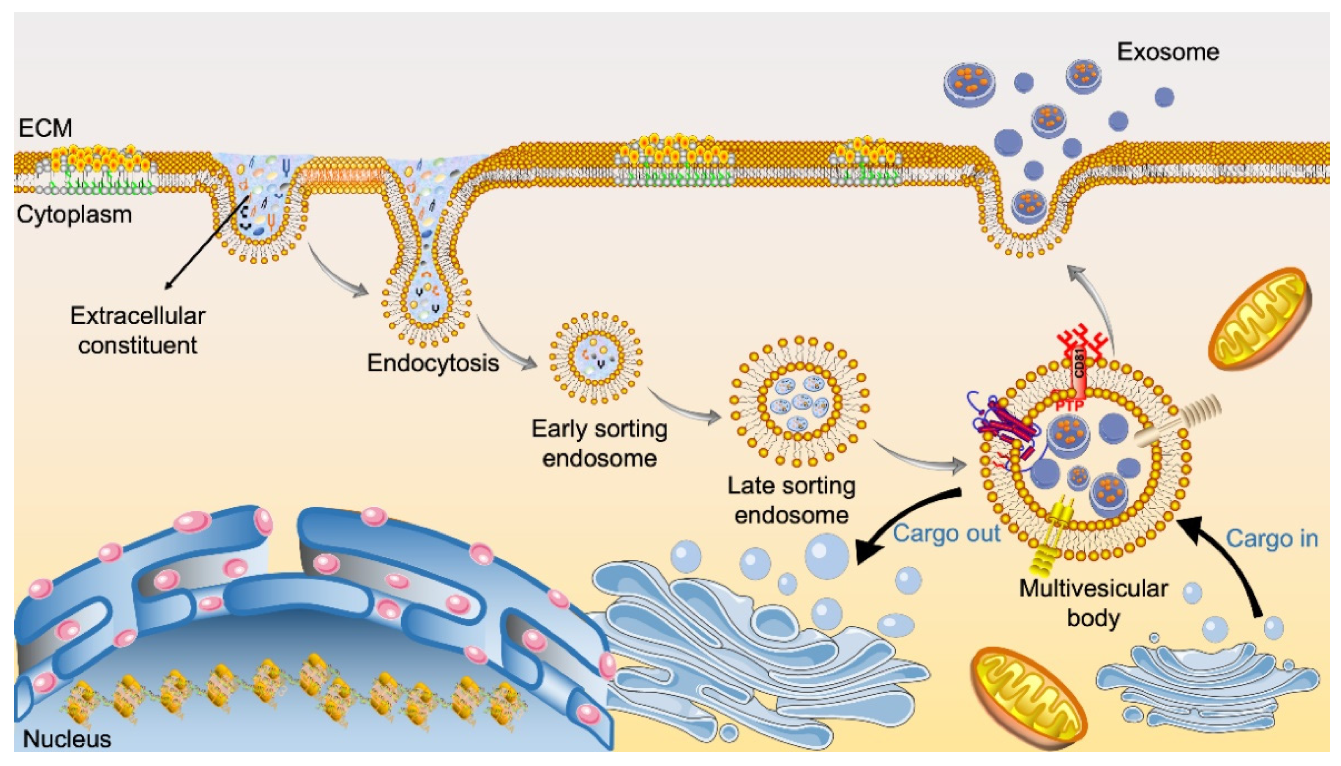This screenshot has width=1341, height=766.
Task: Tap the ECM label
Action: tap(45, 128)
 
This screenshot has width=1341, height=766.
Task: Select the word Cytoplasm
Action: tap(74, 215)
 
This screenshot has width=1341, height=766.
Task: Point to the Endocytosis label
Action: tap(432, 363)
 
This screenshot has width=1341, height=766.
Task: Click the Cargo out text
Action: tap(946, 533)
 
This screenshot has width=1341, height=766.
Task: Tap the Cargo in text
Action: tap(1272, 539)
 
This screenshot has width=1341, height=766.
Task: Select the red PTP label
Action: tap(1070, 406)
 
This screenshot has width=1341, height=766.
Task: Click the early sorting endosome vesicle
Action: tap(595, 358)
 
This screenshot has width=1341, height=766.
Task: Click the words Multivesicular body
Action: tap(1094, 603)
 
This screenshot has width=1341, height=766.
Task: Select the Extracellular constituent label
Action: tap(137, 330)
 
